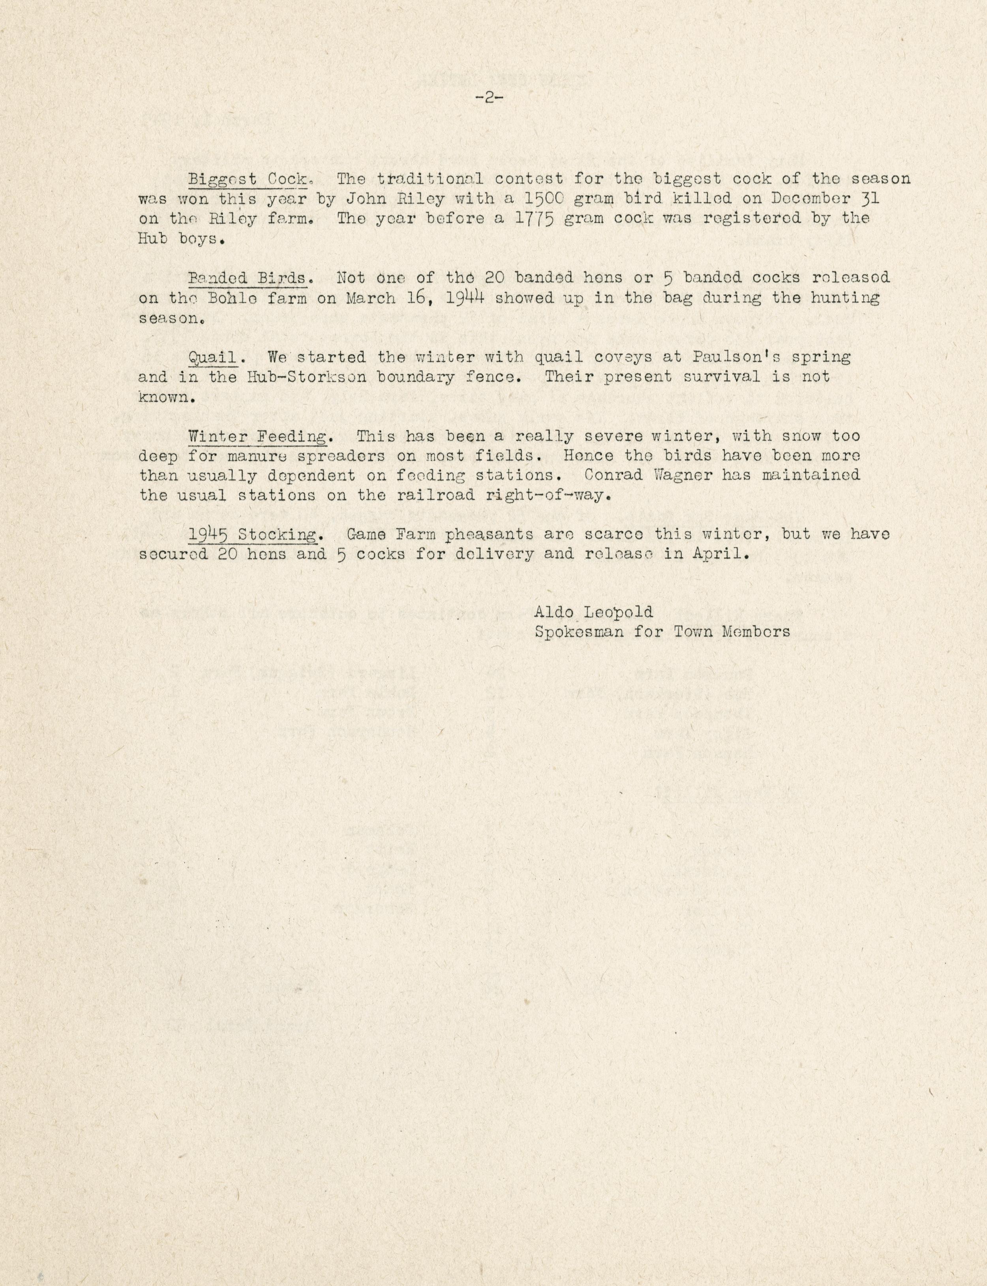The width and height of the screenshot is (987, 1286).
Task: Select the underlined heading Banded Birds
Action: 247,277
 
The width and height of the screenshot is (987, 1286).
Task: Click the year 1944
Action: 464,297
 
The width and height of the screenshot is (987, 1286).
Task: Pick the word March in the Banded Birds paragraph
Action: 370,297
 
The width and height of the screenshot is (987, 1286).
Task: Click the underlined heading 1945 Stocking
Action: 253,535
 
